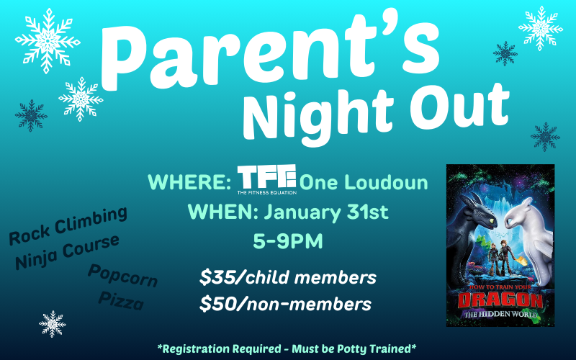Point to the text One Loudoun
pos(364,182)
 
